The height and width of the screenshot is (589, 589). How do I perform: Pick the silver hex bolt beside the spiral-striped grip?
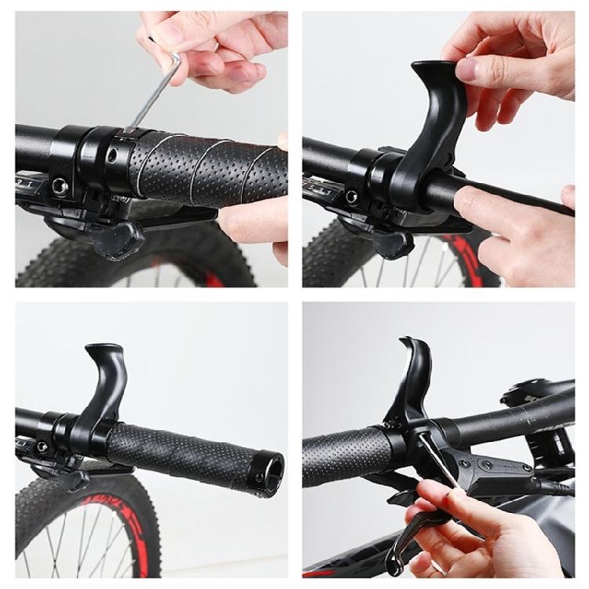tap(60, 186)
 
